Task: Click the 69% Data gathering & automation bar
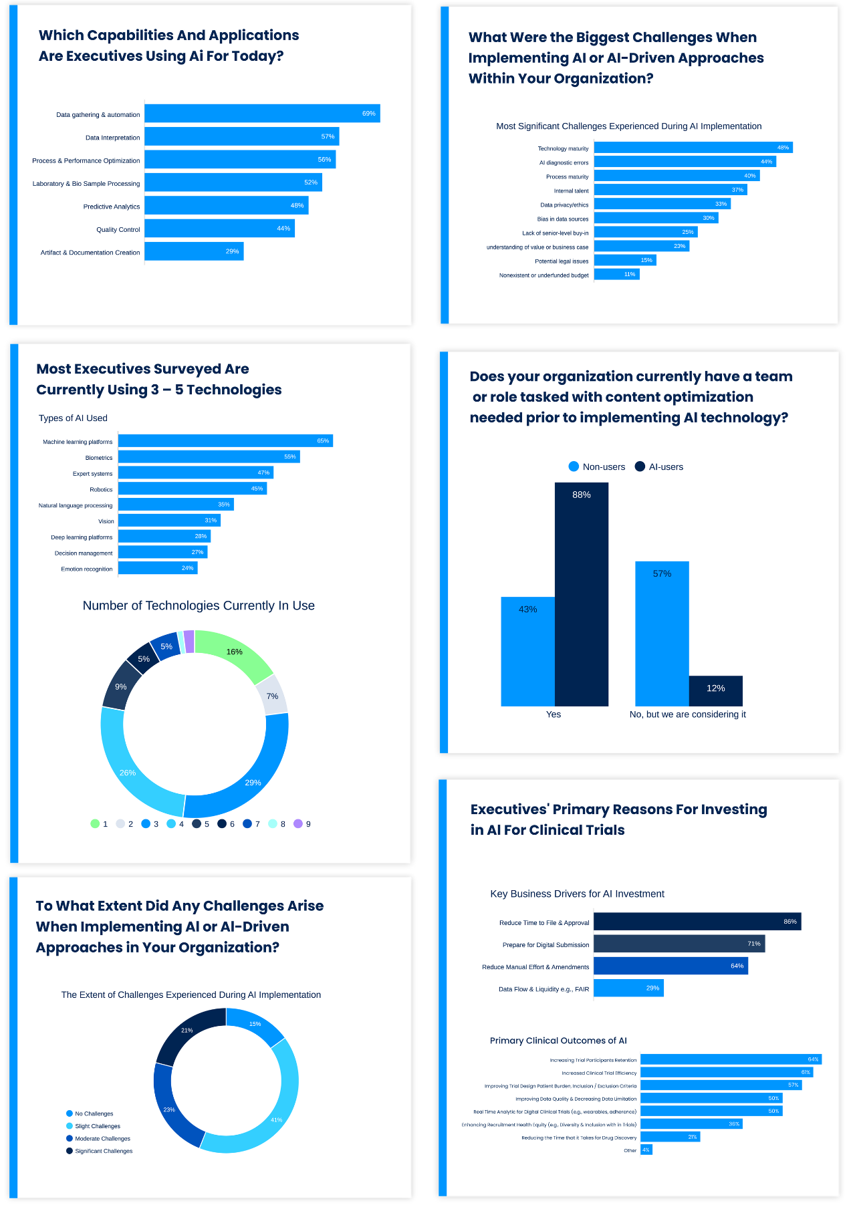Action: (x=262, y=114)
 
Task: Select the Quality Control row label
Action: (x=118, y=230)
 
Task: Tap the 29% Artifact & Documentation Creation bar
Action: (x=194, y=251)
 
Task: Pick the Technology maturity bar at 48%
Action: (x=693, y=148)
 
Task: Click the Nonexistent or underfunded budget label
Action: (x=543, y=275)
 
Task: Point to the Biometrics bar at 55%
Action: (x=209, y=456)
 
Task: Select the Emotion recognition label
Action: (x=86, y=569)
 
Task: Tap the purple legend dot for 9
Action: (x=298, y=824)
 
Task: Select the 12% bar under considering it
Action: (x=715, y=691)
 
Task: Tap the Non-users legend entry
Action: (x=596, y=467)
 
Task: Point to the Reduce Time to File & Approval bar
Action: (x=697, y=922)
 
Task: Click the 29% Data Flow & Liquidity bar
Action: (x=628, y=988)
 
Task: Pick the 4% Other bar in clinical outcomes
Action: (x=646, y=1150)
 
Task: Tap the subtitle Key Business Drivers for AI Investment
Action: (x=577, y=894)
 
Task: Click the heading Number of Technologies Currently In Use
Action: (x=199, y=606)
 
